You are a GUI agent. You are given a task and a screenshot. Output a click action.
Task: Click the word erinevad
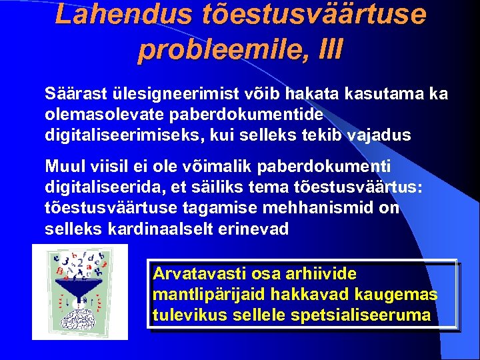click(x=255, y=229)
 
